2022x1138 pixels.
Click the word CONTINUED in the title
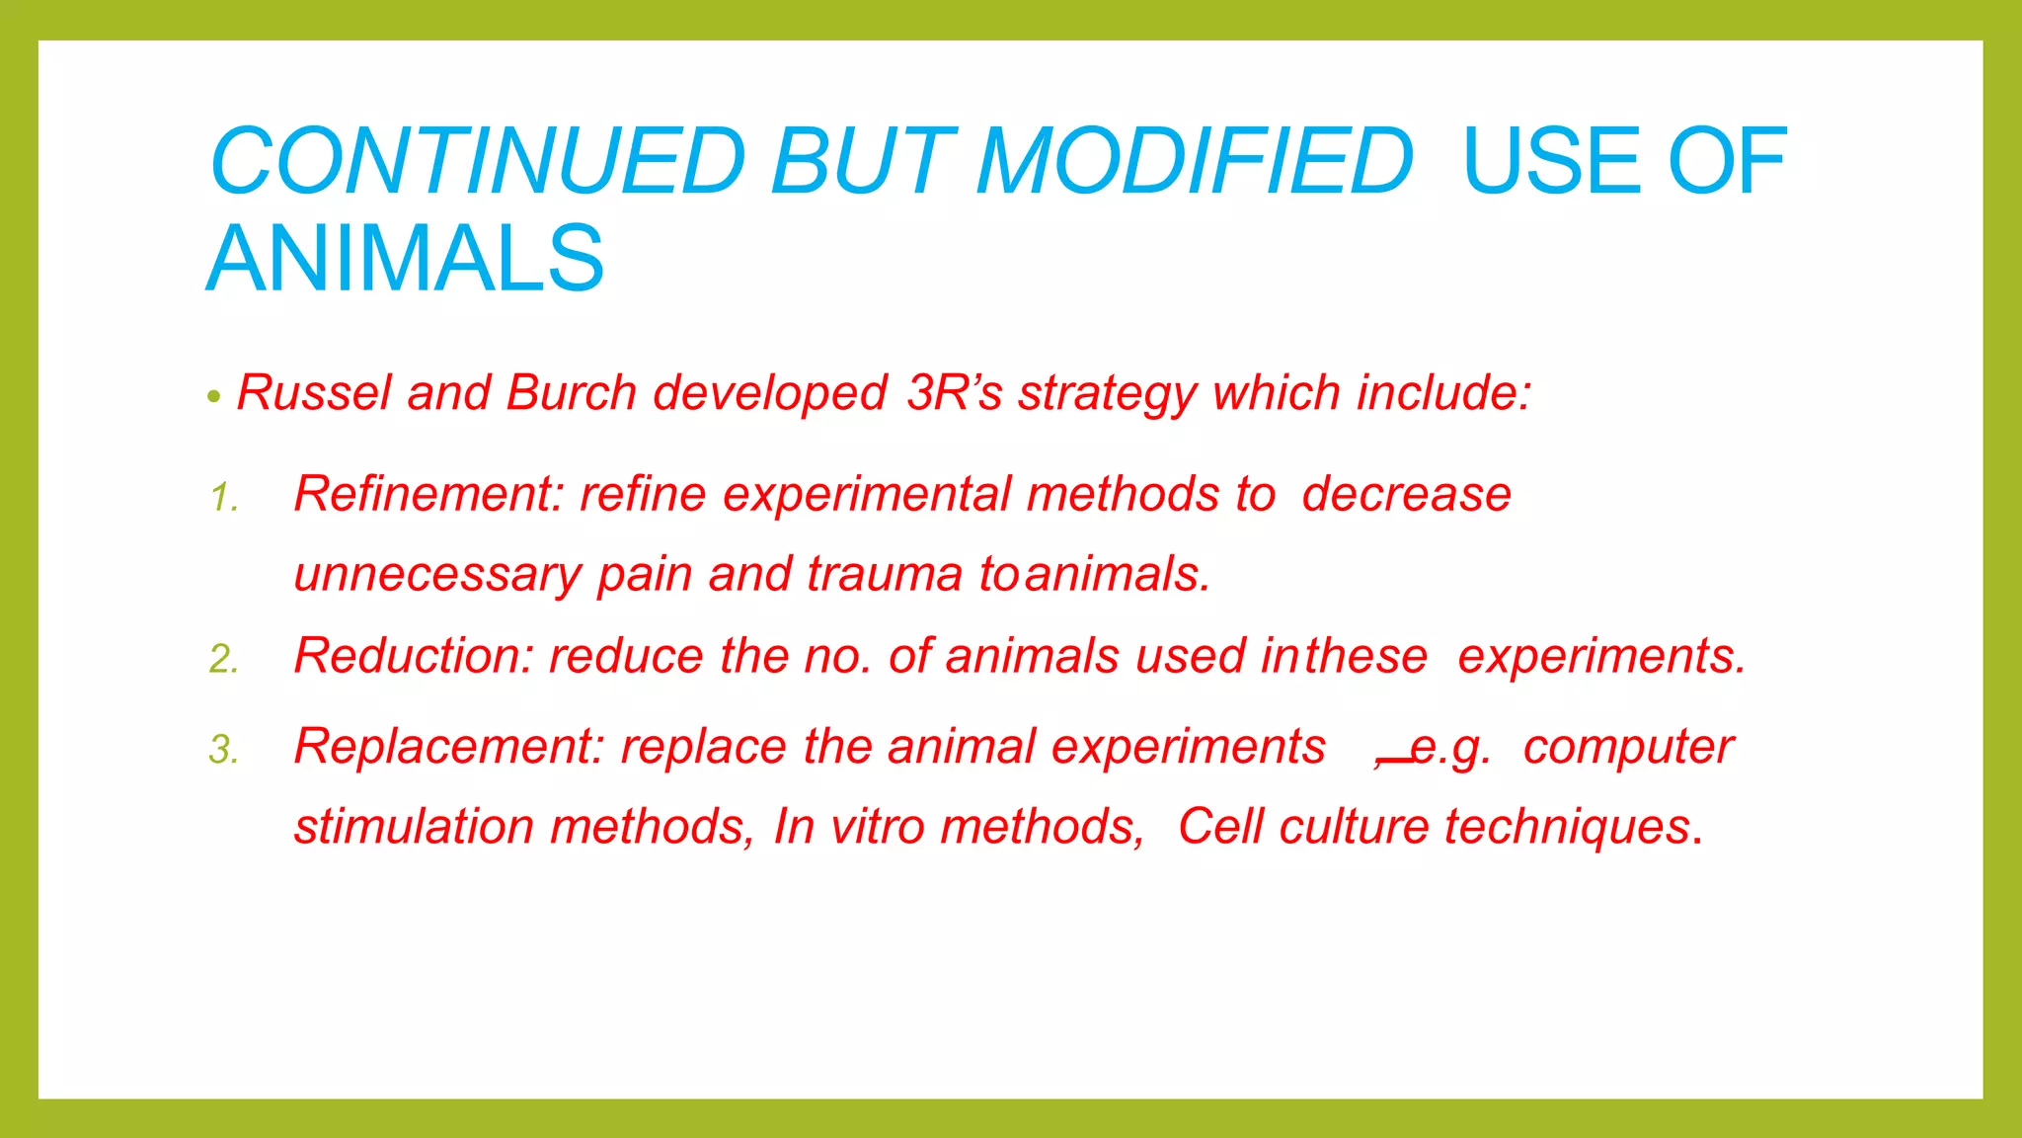[478, 161]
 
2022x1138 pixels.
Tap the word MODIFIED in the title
[1195, 161]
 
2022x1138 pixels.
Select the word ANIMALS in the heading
[405, 259]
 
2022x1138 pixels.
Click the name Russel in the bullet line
[314, 393]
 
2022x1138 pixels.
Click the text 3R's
[954, 393]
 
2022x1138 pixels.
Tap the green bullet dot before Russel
[214, 398]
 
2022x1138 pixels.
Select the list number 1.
[224, 497]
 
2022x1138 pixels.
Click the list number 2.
[224, 659]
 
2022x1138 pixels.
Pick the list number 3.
[224, 750]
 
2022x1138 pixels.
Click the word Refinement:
[428, 494]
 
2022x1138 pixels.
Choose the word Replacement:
[448, 747]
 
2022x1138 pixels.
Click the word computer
[1627, 747]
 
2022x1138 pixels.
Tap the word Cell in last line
[1220, 827]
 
